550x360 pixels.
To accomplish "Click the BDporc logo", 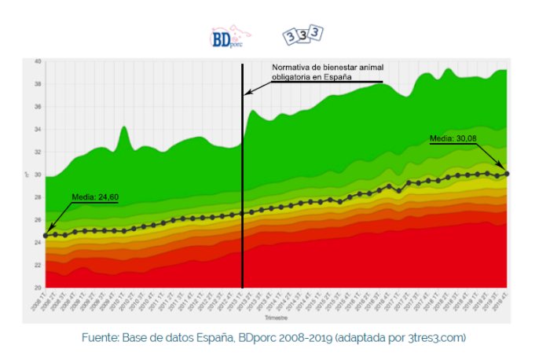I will pyautogui.click(x=229, y=37).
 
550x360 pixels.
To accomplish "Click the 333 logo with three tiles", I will pyautogui.click(x=302, y=36).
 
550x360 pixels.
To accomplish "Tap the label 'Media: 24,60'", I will pyautogui.click(x=95, y=197).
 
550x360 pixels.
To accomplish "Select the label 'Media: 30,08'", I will pyautogui.click(x=453, y=139).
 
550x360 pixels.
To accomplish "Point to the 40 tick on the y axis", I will pyautogui.click(x=38, y=61).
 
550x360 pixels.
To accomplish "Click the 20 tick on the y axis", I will pyautogui.click(x=38, y=288).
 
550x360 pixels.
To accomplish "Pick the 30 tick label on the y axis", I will pyautogui.click(x=38, y=174).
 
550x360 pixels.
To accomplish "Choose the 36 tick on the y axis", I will pyautogui.click(x=38, y=107).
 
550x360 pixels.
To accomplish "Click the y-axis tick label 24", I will pyautogui.click(x=38, y=243).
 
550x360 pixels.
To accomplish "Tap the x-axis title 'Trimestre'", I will pyautogui.click(x=276, y=318).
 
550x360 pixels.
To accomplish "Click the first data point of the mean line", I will pyautogui.click(x=46, y=235).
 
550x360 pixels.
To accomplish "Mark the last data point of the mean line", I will pyautogui.click(x=507, y=173).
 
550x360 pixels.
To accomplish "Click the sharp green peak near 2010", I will pyautogui.click(x=124, y=127).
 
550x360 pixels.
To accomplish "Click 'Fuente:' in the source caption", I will pyautogui.click(x=100, y=337).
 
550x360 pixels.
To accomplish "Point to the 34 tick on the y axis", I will pyautogui.click(x=38, y=130).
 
